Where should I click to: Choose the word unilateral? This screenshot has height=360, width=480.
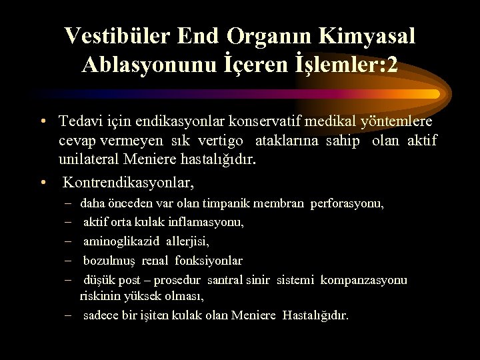click(x=89, y=160)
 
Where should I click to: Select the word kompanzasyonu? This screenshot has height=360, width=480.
click(x=363, y=280)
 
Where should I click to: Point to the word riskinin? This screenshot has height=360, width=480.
click(x=96, y=295)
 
